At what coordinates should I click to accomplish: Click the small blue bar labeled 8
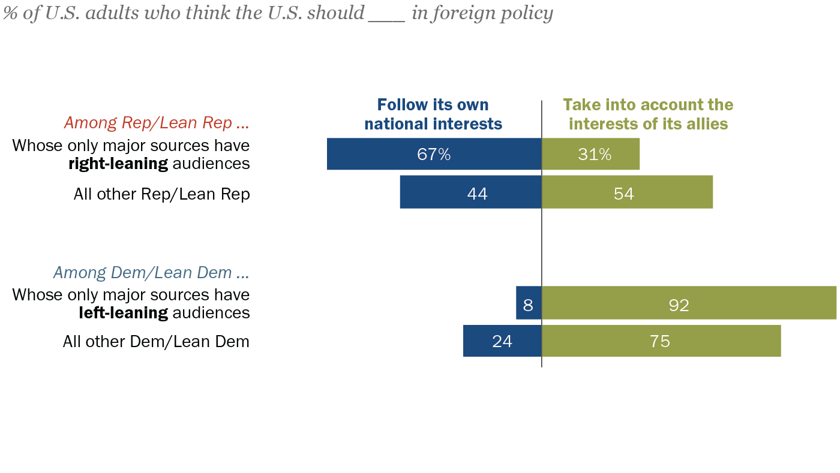tap(528, 303)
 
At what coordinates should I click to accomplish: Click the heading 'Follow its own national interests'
tap(433, 115)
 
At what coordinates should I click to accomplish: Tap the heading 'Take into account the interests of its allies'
tap(648, 115)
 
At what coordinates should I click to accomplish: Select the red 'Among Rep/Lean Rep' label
tap(156, 123)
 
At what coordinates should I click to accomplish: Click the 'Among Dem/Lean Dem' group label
tap(151, 273)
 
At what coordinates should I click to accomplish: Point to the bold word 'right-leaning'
tap(118, 164)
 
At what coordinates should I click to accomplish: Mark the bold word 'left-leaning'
tap(123, 312)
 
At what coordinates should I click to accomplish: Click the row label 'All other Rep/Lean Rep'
tap(161, 194)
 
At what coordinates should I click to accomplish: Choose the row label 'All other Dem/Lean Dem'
tap(156, 342)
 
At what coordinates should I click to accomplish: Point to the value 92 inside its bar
tap(679, 305)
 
